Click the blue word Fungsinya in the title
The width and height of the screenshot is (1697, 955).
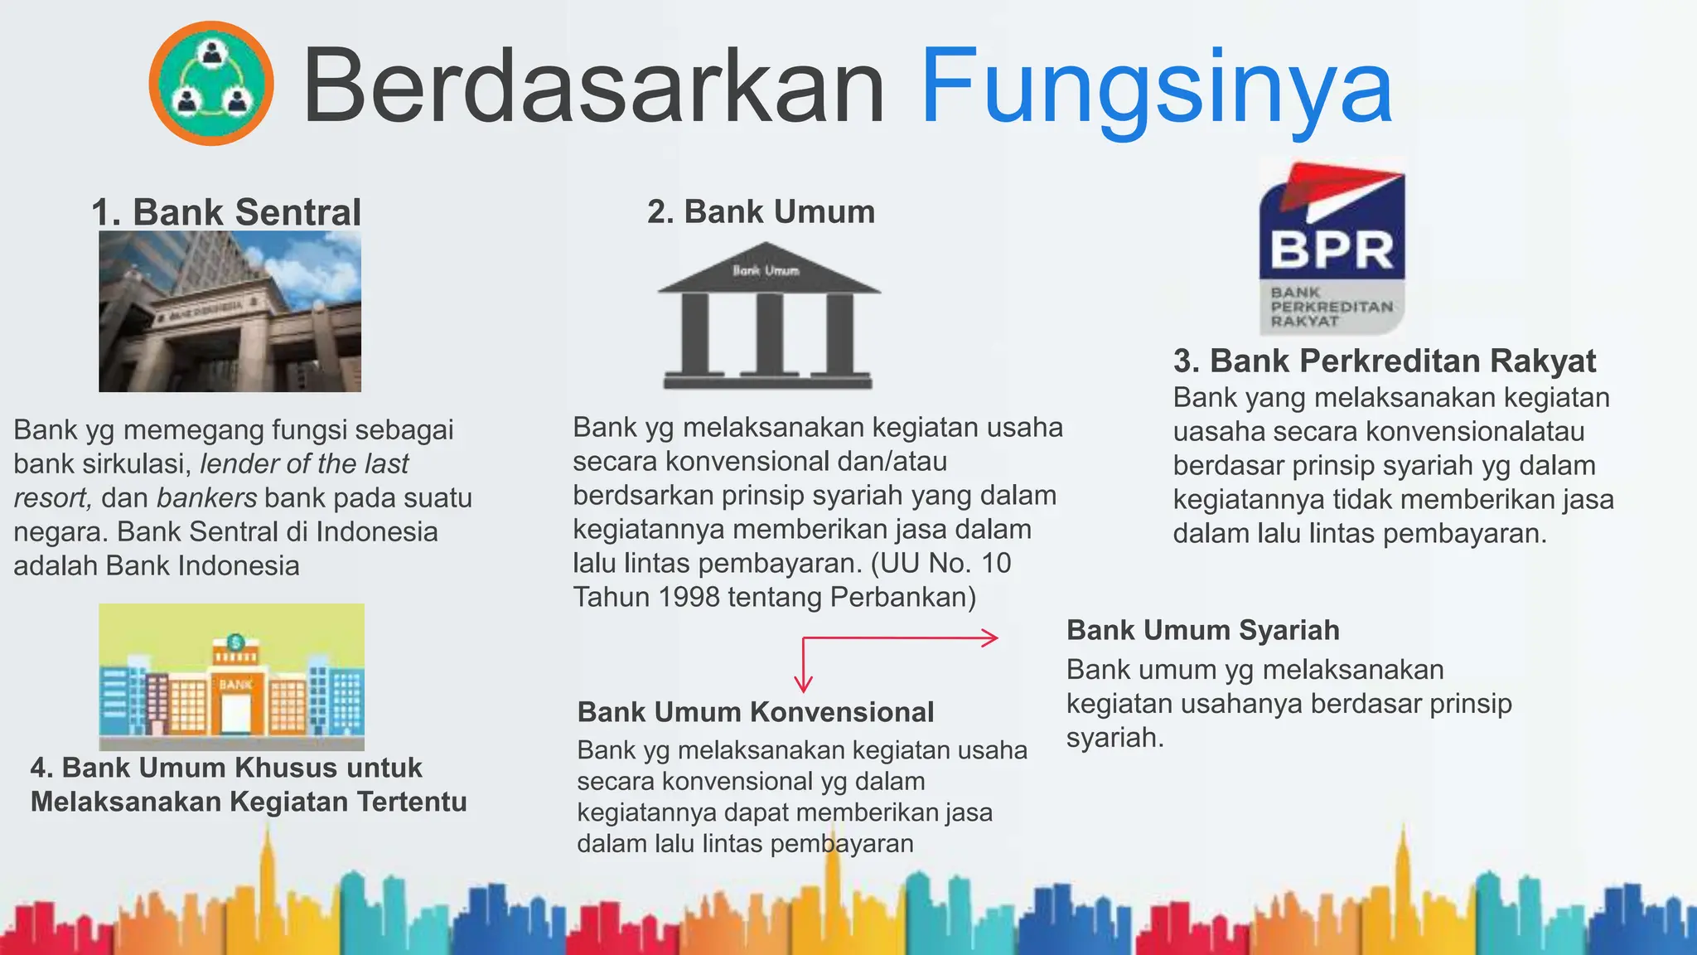pos(1156,87)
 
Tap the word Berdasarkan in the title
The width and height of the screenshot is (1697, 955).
pos(594,87)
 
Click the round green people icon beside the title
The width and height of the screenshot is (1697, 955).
pos(211,83)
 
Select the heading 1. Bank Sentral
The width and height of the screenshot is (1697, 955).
pos(226,212)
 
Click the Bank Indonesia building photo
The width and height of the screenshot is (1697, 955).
pos(230,311)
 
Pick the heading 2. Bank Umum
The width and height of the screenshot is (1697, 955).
pos(761,211)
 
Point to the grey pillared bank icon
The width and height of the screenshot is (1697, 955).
pos(768,316)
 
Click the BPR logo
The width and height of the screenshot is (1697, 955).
pos(1332,247)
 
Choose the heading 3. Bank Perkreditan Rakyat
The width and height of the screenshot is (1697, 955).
pos(1384,361)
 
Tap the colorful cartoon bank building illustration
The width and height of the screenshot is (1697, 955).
pos(231,677)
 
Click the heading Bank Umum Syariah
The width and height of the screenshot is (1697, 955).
pos(1202,630)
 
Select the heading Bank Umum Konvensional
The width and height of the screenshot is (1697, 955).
pos(755,712)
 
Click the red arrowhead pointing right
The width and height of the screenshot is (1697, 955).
pos(991,637)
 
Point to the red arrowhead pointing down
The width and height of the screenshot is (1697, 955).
pos(803,684)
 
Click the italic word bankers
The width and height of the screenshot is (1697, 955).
pos(206,497)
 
